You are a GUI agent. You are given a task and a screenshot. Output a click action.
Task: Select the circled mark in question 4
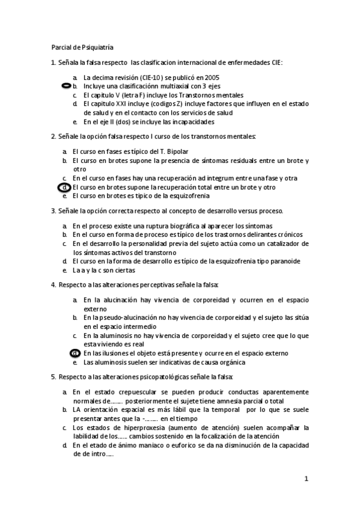[75, 353]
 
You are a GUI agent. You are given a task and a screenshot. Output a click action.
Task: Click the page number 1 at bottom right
[306, 479]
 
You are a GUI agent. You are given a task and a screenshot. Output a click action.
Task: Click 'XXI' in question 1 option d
[120, 103]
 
